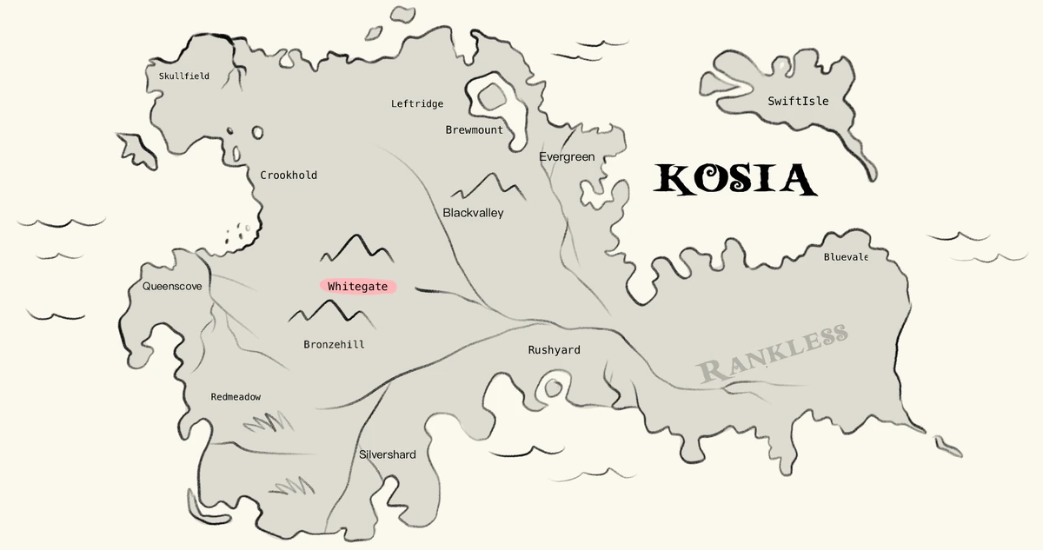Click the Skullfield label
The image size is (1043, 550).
click(183, 76)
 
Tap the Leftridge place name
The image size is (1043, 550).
click(417, 104)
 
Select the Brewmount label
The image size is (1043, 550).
click(474, 130)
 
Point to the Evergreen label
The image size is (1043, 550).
click(567, 157)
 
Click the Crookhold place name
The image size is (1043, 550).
click(289, 176)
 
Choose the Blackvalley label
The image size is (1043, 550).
click(473, 213)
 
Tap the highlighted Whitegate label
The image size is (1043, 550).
click(357, 287)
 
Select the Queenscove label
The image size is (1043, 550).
click(172, 286)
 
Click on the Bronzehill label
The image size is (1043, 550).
click(334, 345)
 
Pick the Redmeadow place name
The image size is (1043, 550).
click(236, 397)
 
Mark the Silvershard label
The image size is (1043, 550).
click(388, 455)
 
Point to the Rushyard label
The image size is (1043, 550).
click(554, 350)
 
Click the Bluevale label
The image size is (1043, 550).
click(846, 257)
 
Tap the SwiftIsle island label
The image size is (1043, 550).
click(798, 102)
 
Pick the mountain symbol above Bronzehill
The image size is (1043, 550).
click(330, 312)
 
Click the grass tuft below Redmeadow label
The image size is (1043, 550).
click(268, 422)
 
